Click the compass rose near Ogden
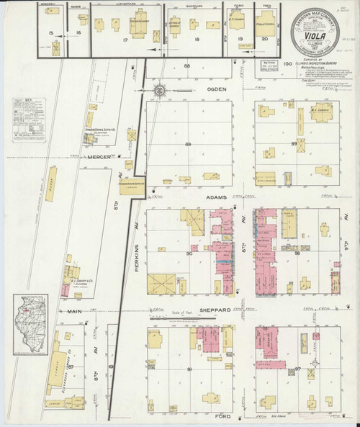pos(159,91)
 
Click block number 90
pos(189,253)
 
